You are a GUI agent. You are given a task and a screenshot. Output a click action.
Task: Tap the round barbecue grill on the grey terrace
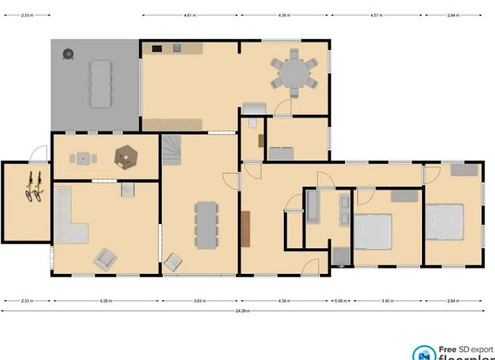[69, 53]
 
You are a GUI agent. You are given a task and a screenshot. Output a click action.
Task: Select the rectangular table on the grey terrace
[100, 83]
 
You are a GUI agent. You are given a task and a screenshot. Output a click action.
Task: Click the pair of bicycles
[33, 186]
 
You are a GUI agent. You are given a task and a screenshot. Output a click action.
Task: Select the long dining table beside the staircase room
[206, 225]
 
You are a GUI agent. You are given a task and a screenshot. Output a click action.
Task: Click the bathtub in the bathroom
[313, 206]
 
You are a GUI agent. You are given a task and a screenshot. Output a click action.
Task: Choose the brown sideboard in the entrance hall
[245, 228]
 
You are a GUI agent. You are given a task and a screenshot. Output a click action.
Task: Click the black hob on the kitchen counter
[157, 48]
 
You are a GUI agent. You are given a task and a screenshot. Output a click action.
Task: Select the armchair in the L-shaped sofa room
[106, 259]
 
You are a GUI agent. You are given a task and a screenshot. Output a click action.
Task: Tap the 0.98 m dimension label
[340, 301]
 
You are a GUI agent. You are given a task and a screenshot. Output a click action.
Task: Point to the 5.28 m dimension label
[106, 301]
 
